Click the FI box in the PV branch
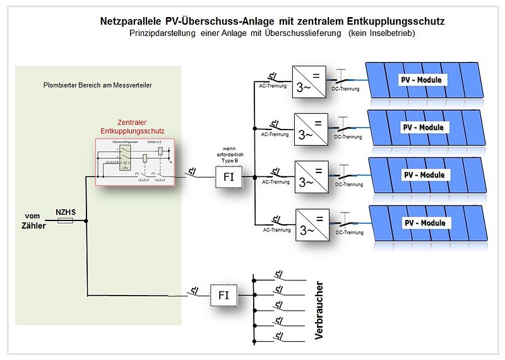coord(228,177)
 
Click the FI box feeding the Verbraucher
coord(224,294)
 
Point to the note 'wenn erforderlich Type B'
coord(228,155)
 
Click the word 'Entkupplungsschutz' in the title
coord(400,21)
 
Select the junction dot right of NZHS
coord(86,221)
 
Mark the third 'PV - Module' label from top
coord(423,174)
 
